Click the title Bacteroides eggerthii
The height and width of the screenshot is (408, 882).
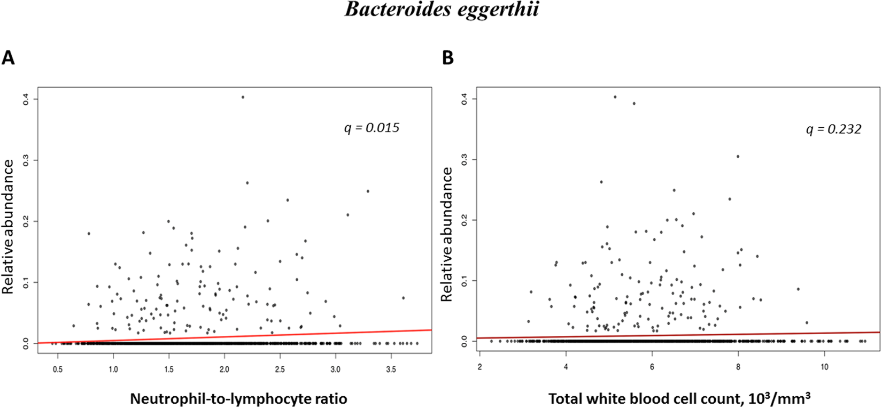click(442, 10)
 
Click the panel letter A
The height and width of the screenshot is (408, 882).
click(8, 57)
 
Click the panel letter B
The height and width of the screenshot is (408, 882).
click(448, 57)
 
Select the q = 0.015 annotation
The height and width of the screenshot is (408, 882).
click(372, 128)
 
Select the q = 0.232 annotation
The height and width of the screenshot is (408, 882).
click(834, 129)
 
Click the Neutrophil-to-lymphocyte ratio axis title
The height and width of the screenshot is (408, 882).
click(238, 398)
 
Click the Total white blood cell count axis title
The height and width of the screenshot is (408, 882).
click(679, 398)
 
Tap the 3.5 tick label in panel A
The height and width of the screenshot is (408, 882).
click(391, 369)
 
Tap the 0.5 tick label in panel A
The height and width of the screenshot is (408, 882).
click(57, 369)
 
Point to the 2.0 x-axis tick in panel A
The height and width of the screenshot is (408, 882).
click(224, 369)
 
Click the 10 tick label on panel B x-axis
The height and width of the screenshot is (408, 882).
click(824, 367)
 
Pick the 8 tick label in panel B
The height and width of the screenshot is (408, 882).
click(738, 367)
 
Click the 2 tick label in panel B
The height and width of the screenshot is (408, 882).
click(479, 367)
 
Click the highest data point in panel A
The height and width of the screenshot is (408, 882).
click(243, 97)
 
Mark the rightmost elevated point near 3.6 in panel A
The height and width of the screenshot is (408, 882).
click(403, 298)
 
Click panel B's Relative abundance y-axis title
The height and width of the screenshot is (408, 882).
click(447, 234)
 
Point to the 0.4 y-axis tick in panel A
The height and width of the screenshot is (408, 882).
click(26, 99)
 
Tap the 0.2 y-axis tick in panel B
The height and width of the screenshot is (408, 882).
click(464, 220)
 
